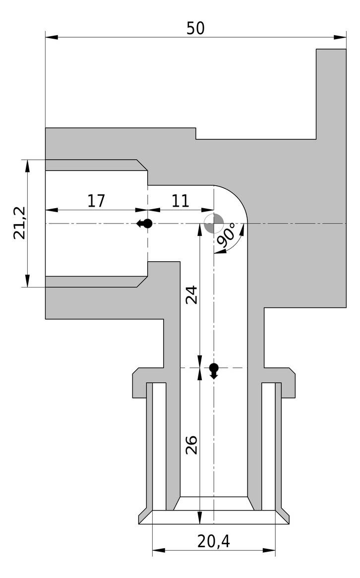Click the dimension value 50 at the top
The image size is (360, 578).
point(195,28)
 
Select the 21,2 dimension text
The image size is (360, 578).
point(20,223)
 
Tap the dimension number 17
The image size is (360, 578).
point(96,201)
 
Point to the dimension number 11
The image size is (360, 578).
point(180,201)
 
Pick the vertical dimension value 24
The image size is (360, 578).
point(191,294)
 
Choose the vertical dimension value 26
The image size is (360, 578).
point(191,444)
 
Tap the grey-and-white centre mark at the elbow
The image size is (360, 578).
point(214,224)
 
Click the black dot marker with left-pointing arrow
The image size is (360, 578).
point(145,224)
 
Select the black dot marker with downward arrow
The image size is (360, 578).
point(214,370)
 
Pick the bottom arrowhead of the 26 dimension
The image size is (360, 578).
point(199,518)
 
